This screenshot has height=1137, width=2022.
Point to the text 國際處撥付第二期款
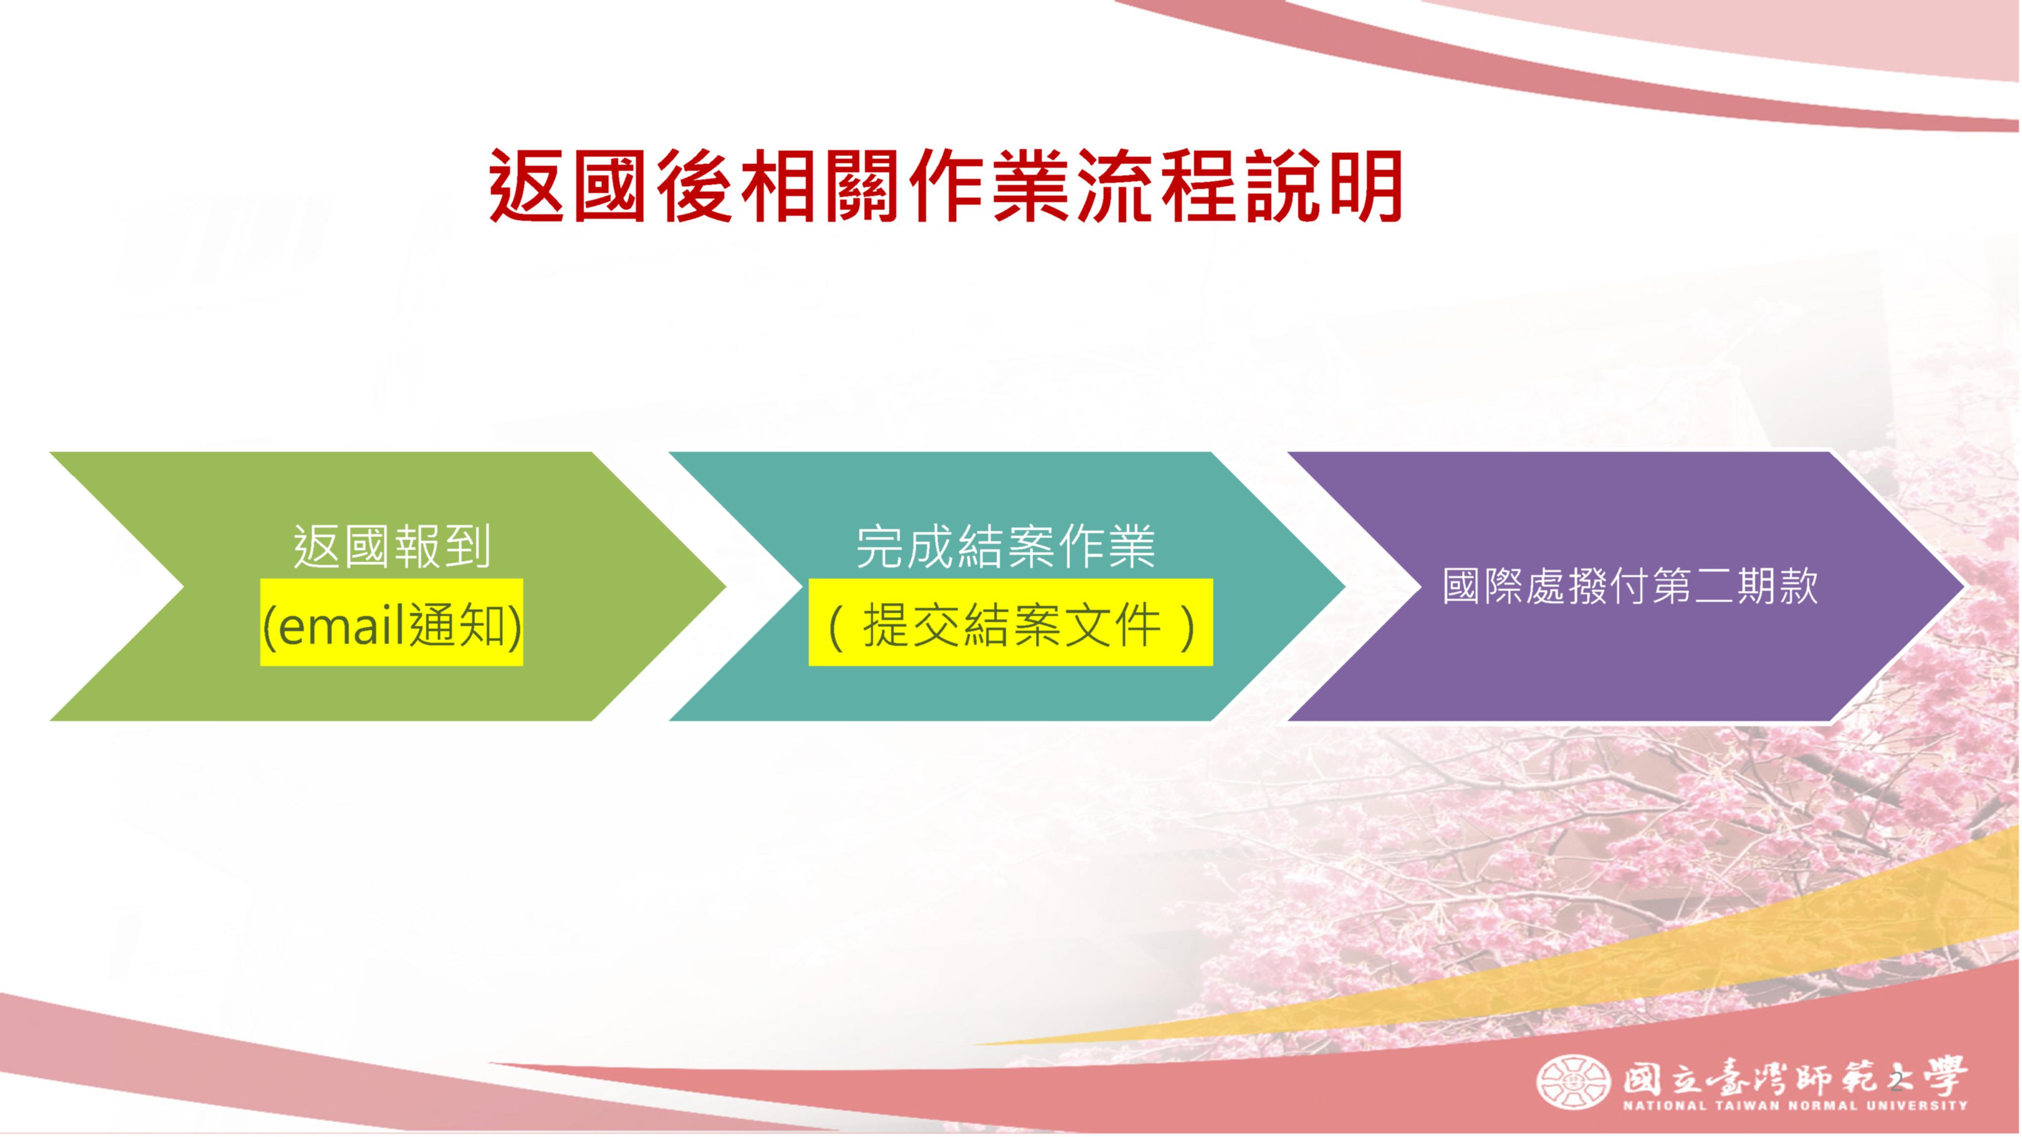1630,586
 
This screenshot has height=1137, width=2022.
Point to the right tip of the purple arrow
1965,586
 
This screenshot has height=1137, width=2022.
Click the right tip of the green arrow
725,586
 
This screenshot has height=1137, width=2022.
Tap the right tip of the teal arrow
1345,586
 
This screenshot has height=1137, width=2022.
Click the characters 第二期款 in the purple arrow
1735,586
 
